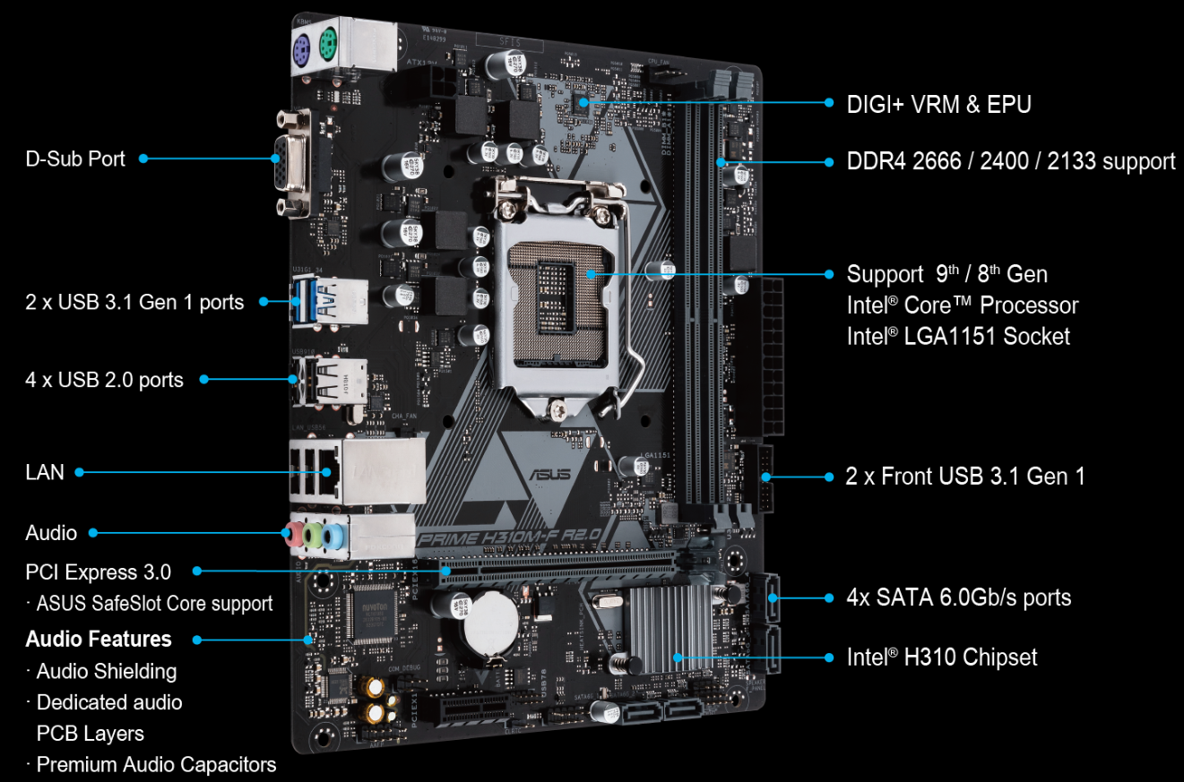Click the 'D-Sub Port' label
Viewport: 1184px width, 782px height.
tap(75, 159)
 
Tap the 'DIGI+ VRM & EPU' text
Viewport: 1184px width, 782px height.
tap(938, 104)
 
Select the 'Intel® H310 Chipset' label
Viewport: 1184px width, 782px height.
tap(941, 657)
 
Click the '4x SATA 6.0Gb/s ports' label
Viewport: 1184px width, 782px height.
tap(958, 597)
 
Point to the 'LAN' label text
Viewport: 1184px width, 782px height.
tap(45, 471)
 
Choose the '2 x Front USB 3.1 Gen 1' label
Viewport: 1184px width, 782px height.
tap(964, 476)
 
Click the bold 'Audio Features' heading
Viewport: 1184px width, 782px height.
tap(99, 639)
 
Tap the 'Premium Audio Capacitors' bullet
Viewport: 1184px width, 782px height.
tap(156, 764)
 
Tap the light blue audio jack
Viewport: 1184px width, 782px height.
tap(333, 537)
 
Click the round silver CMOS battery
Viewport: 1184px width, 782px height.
tap(489, 623)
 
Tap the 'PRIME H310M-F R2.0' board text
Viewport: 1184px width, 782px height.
tap(507, 537)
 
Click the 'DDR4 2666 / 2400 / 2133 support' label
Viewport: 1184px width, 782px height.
tap(1010, 161)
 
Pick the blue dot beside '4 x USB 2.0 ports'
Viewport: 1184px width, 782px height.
tap(203, 379)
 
